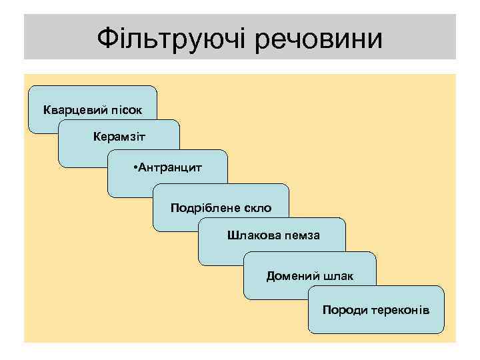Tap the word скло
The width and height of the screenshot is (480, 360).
point(256,207)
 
